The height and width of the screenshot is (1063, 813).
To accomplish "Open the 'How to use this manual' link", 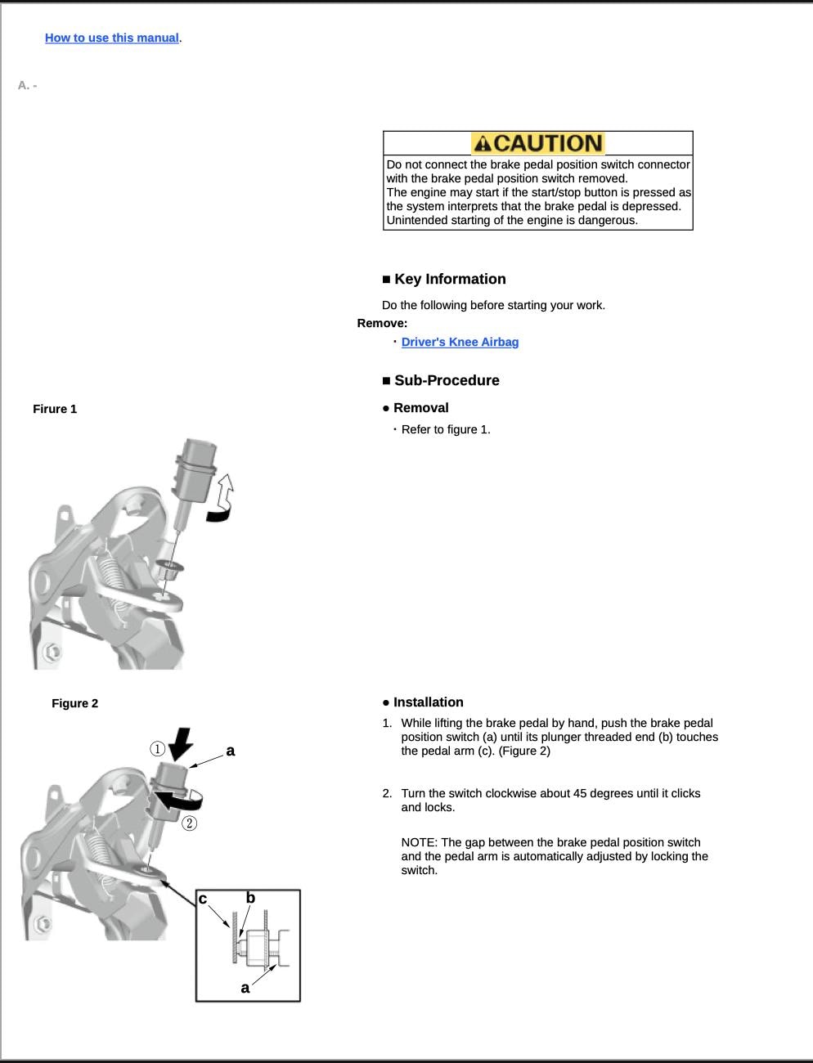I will (x=112, y=38).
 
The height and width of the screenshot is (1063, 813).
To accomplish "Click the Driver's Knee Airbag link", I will (x=460, y=342).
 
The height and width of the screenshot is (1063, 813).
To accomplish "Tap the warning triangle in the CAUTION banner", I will (x=483, y=144).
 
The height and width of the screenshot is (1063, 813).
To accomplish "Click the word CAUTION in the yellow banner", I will (x=548, y=144).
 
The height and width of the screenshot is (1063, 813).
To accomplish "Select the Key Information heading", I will (x=450, y=279).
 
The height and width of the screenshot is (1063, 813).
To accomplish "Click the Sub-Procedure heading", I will (x=447, y=380).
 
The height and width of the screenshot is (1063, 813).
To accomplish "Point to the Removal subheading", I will (x=420, y=408).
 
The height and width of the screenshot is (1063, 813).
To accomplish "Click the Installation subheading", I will (x=428, y=702).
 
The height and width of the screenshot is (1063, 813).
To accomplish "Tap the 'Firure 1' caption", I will (x=55, y=409).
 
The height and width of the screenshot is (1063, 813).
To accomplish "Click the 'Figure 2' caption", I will (x=74, y=703).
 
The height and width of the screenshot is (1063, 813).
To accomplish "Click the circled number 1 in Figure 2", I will (x=157, y=749).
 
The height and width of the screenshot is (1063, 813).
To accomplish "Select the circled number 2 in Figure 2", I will (x=189, y=823).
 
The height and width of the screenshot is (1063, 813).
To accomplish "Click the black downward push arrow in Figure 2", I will (x=180, y=743).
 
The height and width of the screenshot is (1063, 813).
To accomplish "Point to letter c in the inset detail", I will (x=203, y=899).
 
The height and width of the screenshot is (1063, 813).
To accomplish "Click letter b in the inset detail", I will (x=250, y=898).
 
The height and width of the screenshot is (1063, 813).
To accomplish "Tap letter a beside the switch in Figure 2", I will (x=231, y=751).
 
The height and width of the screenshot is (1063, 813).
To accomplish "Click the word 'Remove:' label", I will (x=382, y=323).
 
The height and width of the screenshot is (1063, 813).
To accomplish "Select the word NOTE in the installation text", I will (x=419, y=842).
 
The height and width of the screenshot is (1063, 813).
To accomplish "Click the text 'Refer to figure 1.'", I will (x=446, y=429).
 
